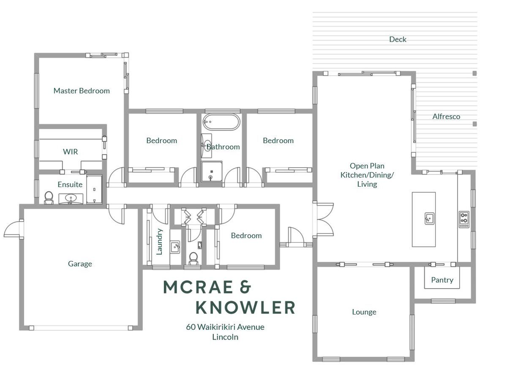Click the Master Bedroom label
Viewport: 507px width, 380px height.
click(x=82, y=91)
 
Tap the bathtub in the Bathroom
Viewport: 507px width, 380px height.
click(x=221, y=122)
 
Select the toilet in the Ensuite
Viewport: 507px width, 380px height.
click(x=49, y=198)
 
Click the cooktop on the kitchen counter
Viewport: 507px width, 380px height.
click(x=464, y=220)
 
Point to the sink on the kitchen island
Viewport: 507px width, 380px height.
click(x=429, y=218)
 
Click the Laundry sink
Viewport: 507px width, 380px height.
click(x=175, y=247)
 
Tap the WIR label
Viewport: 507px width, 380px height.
click(x=71, y=152)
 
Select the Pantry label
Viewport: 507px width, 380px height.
click(x=442, y=280)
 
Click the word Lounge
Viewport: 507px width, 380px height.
click(x=364, y=312)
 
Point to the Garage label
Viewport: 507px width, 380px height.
click(x=80, y=264)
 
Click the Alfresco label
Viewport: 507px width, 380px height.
click(x=446, y=117)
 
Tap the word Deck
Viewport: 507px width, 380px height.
click(x=398, y=39)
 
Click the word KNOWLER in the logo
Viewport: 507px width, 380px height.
click(x=245, y=307)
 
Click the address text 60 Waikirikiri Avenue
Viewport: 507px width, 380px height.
click(x=225, y=327)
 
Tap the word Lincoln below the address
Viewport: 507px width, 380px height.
click(x=225, y=337)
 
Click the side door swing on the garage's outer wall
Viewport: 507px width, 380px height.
click(x=14, y=228)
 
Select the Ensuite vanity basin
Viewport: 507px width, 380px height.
click(x=71, y=198)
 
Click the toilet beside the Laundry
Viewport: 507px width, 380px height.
click(x=194, y=259)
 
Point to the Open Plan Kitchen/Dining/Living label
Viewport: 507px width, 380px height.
click(x=367, y=175)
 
